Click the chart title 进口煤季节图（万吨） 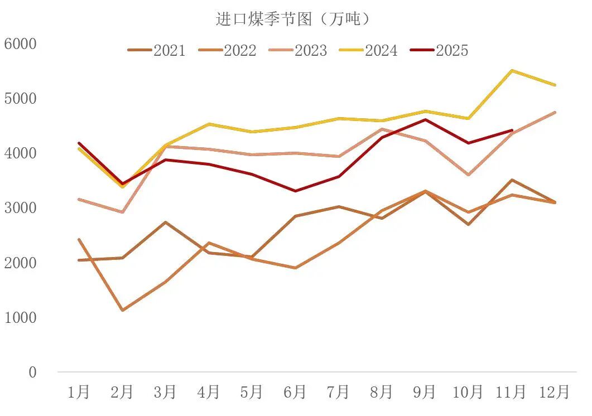pos(293,19)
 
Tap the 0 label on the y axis pos(32,373)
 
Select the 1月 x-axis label pos(79,392)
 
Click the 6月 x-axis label pos(295,392)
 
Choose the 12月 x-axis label pos(554,392)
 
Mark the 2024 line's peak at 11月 pos(512,70)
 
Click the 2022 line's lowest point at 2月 pos(122,310)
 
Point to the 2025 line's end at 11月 pos(512,130)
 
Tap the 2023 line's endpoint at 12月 pos(555,112)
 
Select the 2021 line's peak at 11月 pos(512,180)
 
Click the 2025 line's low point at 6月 pos(295,191)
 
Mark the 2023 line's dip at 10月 pos(468,175)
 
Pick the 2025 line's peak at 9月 pos(425,119)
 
